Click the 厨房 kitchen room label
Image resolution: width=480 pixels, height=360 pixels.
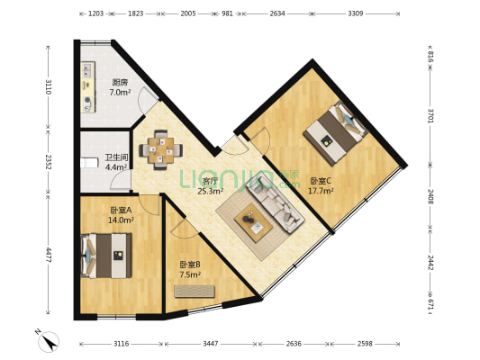(120, 82)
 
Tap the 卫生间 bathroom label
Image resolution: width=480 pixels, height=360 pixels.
(116, 157)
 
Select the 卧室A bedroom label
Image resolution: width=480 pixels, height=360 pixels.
(121, 210)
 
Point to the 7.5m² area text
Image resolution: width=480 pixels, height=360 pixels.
(190, 274)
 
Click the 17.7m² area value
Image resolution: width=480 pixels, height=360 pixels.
(321, 191)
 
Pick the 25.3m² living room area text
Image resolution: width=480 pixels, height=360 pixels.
(210, 192)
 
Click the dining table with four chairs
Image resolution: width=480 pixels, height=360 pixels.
(161, 150)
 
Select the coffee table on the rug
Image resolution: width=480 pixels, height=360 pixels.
(253, 222)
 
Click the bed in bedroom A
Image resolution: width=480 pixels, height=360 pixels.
(106, 256)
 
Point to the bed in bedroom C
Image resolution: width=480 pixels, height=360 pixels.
(336, 132)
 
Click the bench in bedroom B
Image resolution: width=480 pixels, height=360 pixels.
(195, 292)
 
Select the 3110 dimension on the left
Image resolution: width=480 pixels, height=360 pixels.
(49, 87)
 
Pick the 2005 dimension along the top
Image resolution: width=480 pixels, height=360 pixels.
(188, 13)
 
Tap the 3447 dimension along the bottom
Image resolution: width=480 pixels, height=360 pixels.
(211, 344)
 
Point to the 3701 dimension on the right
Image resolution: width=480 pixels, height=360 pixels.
(430, 115)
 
